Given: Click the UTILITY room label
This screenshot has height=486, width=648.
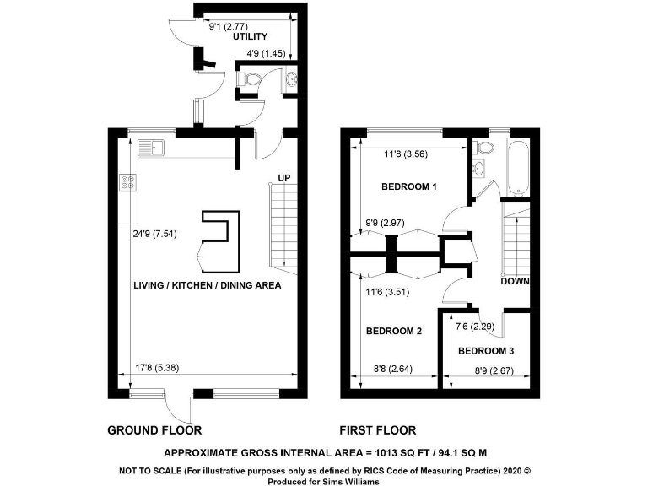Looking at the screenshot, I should click(x=250, y=36).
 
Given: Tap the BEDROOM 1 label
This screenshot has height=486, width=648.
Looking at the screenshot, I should click(x=408, y=186).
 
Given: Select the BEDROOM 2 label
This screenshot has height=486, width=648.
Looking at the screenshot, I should click(x=393, y=332).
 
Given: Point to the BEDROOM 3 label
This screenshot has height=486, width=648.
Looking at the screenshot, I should click(x=485, y=350).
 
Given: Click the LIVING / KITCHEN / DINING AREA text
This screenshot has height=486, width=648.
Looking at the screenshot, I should click(x=207, y=285).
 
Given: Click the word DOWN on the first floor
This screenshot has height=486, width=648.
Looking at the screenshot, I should click(x=514, y=282).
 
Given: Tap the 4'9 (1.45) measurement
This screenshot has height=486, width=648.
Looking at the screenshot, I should click(x=266, y=54).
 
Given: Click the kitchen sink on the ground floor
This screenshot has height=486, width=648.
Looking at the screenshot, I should click(x=152, y=149).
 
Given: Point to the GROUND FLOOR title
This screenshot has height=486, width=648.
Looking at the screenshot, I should click(x=154, y=430).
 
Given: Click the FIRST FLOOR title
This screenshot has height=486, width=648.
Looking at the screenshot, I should click(x=377, y=430).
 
